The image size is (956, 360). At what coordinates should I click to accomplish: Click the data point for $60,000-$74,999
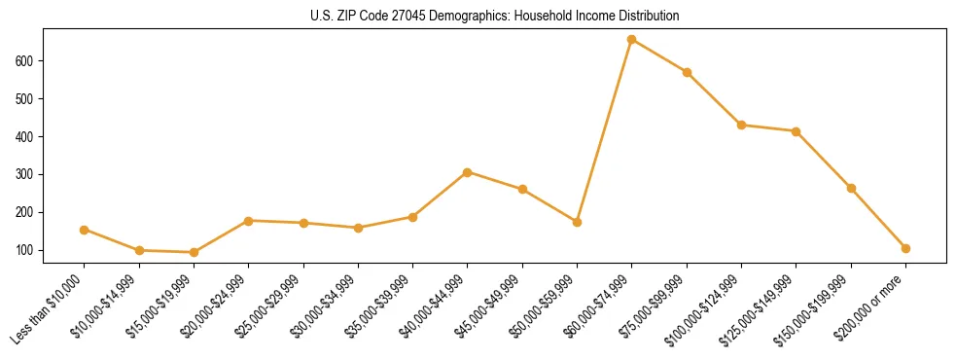(632, 40)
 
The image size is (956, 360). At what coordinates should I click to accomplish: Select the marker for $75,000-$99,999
(687, 72)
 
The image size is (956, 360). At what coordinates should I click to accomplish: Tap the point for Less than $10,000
(85, 230)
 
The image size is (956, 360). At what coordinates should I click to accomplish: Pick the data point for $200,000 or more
(905, 248)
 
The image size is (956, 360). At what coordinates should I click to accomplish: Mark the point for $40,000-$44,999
(468, 172)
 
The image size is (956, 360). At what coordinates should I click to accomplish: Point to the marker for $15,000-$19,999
(194, 252)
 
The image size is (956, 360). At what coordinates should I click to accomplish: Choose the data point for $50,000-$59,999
(578, 222)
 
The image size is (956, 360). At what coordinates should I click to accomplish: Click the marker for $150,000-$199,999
(851, 188)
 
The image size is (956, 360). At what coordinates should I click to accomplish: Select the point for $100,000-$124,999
(741, 125)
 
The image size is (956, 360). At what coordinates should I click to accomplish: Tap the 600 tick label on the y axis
(26, 61)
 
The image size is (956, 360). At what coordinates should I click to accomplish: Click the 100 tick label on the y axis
(26, 250)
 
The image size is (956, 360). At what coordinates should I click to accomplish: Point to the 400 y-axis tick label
(26, 137)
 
